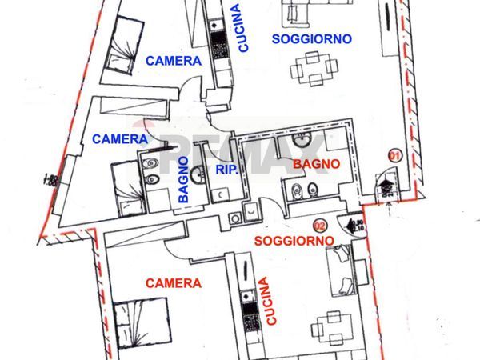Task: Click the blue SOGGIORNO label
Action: [x=311, y=39]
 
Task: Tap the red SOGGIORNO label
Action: [x=293, y=241]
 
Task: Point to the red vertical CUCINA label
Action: [x=270, y=301]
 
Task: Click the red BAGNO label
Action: [x=317, y=164]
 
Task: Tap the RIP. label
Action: [x=225, y=170]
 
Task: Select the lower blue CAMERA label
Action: [x=119, y=138]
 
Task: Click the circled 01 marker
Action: [x=394, y=154]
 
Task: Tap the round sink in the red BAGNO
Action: [x=302, y=141]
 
